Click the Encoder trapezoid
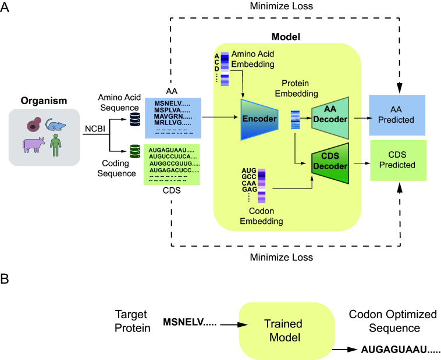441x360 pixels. click(x=259, y=119)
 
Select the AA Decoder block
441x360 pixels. click(x=330, y=118)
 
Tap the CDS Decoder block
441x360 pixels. click(x=330, y=163)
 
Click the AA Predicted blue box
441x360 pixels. click(x=397, y=115)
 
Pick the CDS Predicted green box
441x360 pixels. click(x=399, y=161)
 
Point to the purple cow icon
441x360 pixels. click(x=34, y=145)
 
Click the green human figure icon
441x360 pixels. click(x=56, y=145)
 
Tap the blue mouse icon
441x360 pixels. click(x=56, y=124)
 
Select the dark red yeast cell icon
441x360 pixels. click(x=34, y=124)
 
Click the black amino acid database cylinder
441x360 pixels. click(x=135, y=119)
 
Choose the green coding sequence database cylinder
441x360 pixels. click(x=135, y=151)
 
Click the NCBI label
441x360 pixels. click(x=95, y=129)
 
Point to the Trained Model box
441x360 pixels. click(x=287, y=331)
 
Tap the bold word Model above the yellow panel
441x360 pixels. click(x=286, y=37)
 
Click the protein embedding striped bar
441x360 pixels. click(x=295, y=120)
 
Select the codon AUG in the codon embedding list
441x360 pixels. click(x=249, y=171)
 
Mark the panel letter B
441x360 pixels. click(x=5, y=279)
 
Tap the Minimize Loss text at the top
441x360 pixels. click(x=281, y=6)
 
